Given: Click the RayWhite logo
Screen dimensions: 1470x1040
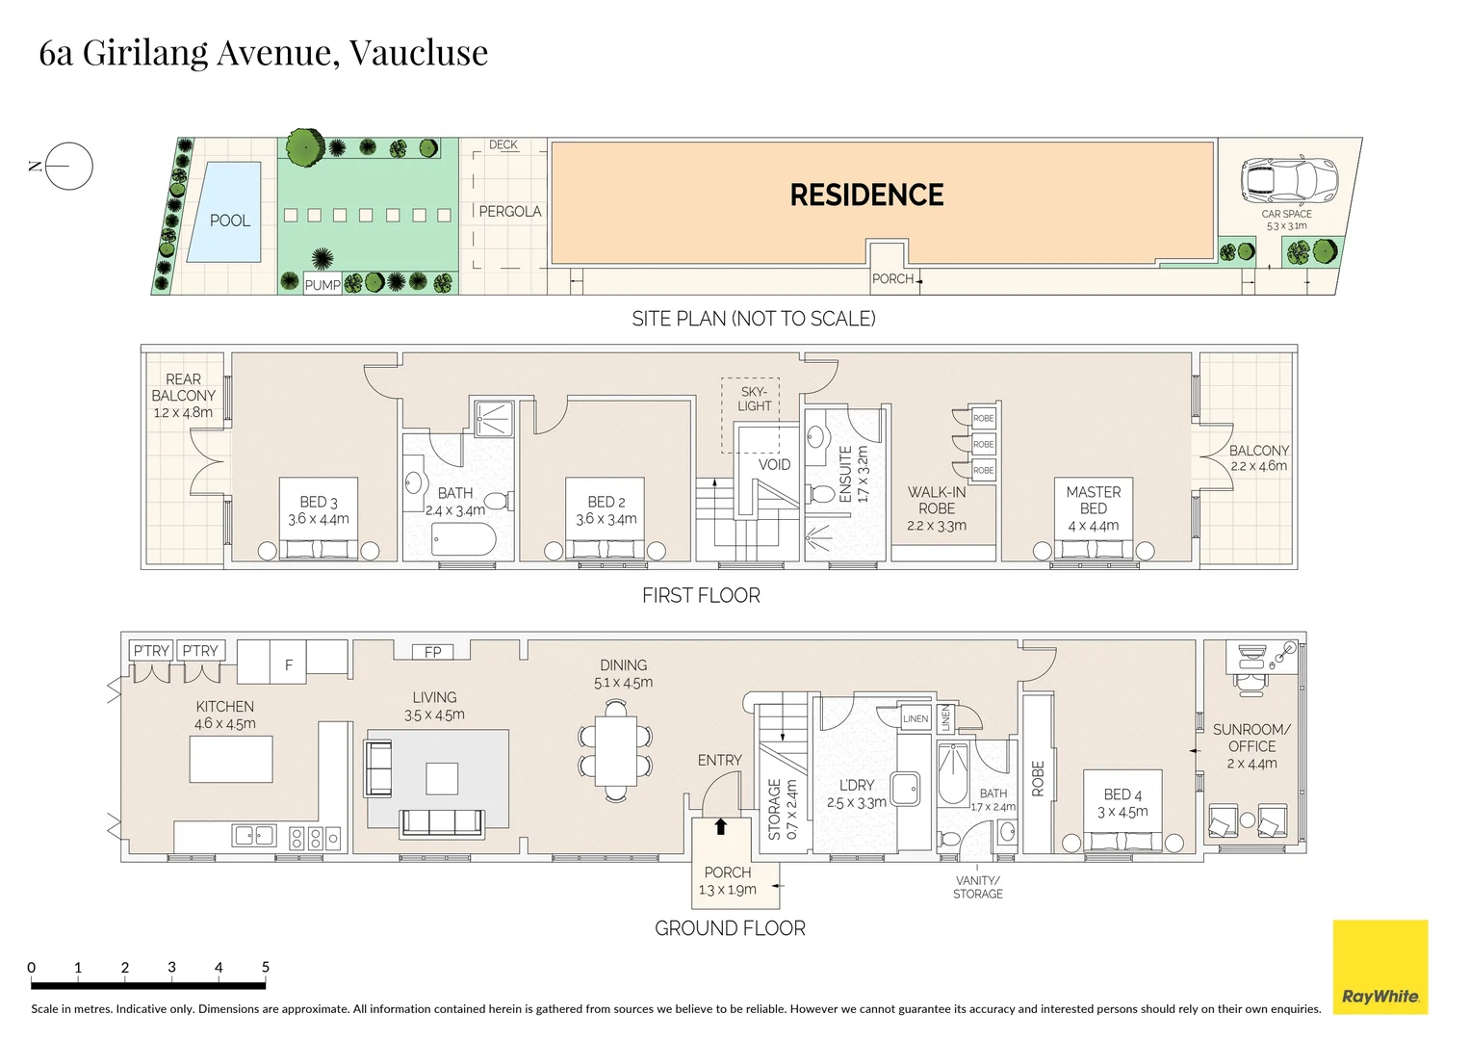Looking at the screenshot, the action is pos(1380,967).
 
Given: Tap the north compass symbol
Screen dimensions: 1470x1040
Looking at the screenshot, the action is pos(68,166).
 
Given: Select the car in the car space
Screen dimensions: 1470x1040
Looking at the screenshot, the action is pos(1289,178).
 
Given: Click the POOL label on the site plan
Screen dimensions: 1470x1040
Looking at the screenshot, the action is pos(230,221).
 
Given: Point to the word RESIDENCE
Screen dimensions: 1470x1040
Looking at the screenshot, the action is pos(866,195).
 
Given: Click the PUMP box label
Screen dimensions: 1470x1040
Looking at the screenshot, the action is pos(322,285).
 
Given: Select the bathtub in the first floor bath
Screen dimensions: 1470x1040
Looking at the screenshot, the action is pos(463,540).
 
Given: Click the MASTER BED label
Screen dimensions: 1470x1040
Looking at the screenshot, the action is pos(1093,500).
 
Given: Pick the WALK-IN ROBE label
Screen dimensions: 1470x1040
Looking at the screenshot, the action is pos(936,500).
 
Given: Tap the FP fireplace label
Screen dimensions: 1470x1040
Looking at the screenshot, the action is pos(433,652).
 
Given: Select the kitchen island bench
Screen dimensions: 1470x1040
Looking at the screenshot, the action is pos(231,759).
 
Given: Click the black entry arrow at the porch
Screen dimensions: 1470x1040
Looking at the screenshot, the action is pos(721,826).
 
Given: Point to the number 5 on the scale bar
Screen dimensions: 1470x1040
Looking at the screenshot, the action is pos(265,967).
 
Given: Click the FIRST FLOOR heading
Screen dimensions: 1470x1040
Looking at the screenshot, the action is pos(701,596).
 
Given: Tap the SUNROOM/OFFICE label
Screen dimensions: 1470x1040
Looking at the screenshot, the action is pos(1251,738).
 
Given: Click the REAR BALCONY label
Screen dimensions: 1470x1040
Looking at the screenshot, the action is pos(183,387).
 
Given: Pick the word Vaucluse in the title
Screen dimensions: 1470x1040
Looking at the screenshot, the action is pos(418,52).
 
